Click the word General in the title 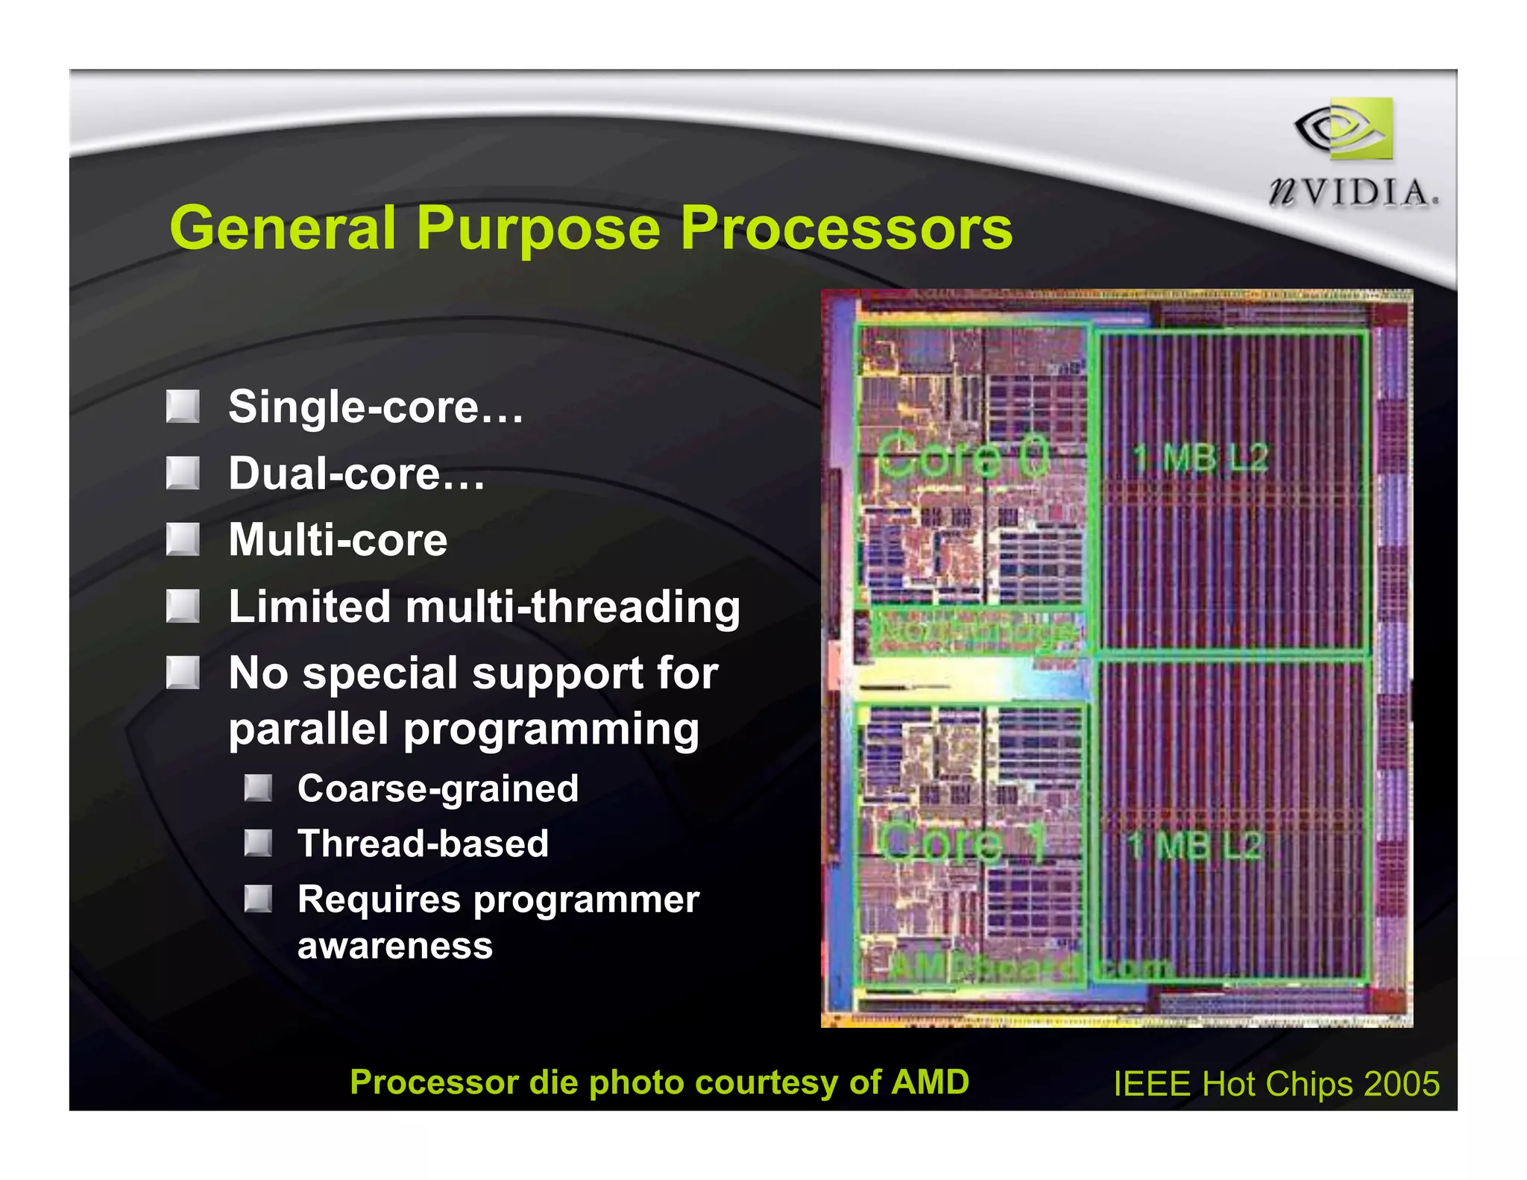283,227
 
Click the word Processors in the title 846,227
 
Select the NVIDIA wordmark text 1353,192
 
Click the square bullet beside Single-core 183,407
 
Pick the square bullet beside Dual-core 183,473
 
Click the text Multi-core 338,539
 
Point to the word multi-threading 573,606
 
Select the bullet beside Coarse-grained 258,788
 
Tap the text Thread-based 423,844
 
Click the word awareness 395,946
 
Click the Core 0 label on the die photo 963,457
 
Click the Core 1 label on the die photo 961,843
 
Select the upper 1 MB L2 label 1200,457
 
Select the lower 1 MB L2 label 1195,845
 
